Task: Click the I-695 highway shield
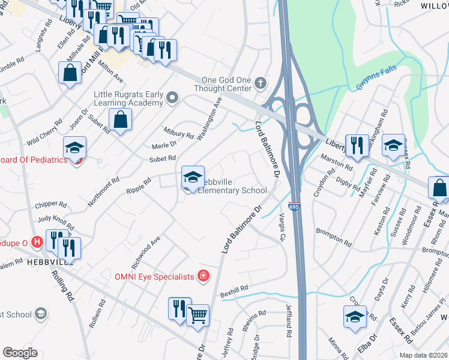coord(294,206)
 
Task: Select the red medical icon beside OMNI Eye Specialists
coord(204,275)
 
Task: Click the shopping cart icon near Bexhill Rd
coord(197,314)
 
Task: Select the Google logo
coord(20,353)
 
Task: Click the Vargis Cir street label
coord(282,227)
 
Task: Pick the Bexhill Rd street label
coord(234,290)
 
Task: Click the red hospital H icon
coord(37,242)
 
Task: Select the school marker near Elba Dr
coord(355,316)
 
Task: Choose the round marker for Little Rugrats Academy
coord(173,97)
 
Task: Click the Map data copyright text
coord(423,355)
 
